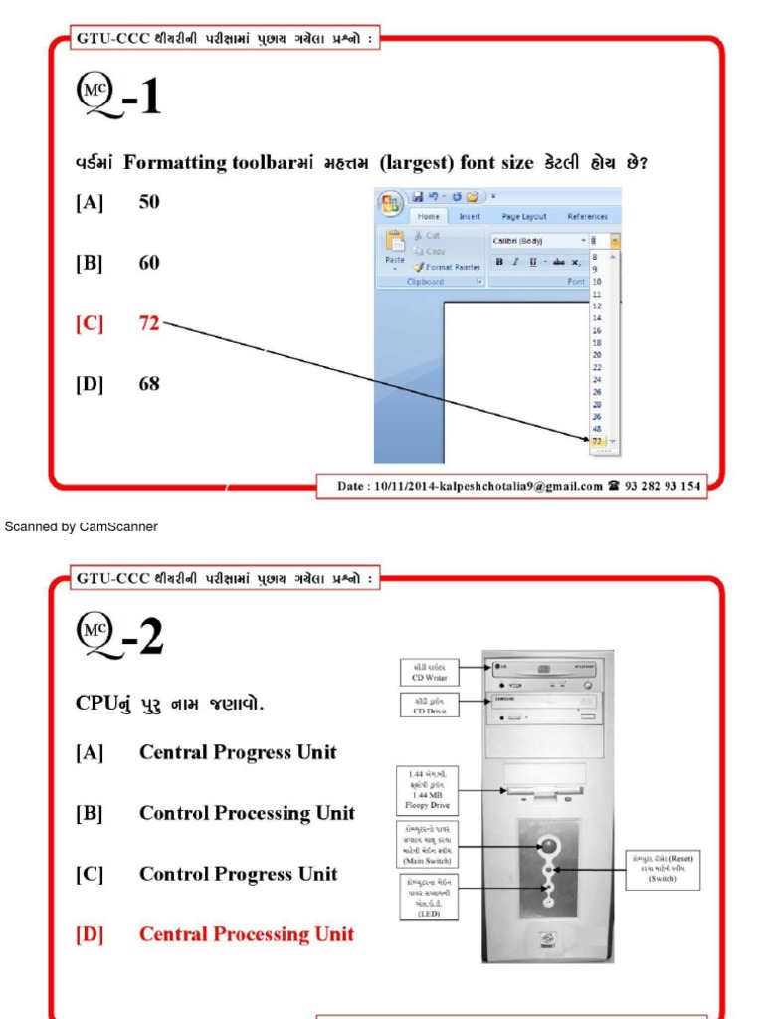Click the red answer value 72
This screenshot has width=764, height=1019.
[149, 323]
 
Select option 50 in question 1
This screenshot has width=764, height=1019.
[149, 202]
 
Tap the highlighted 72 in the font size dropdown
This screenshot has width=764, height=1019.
[597, 440]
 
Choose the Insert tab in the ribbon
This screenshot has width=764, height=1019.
[470, 216]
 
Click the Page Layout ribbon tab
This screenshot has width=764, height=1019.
[524, 216]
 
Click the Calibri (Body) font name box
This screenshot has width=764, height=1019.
[532, 241]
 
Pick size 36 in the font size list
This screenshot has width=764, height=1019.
[597, 416]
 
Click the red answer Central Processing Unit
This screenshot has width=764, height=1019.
[246, 934]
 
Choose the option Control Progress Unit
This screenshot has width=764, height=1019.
[238, 874]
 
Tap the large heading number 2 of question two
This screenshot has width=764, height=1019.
[150, 638]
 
